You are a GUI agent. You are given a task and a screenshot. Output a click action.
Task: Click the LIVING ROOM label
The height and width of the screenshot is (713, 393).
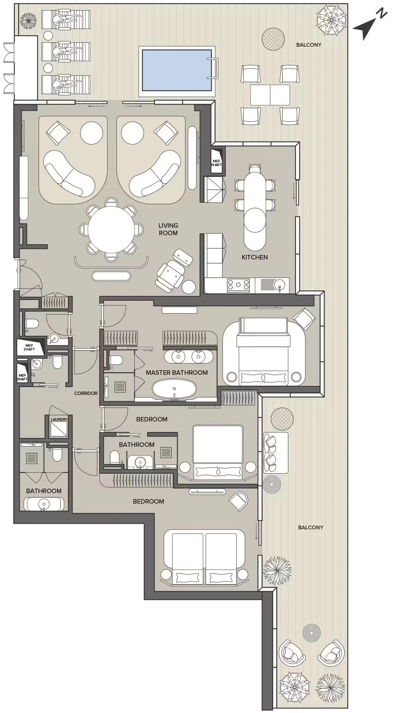coord(168,229)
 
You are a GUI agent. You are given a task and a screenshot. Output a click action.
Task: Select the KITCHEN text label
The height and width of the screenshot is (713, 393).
coord(255,257)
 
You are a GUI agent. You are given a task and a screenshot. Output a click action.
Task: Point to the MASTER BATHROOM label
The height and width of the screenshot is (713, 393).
coord(177,373)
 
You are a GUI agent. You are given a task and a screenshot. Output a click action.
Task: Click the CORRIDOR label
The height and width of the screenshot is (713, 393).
coord(85,393)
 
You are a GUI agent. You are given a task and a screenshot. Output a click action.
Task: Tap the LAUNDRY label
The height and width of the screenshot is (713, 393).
coord(59,419)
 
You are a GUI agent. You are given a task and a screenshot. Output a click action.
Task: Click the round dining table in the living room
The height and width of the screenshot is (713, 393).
coord(111,230)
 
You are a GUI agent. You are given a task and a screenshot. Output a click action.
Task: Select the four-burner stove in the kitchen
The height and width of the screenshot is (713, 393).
coord(238,285)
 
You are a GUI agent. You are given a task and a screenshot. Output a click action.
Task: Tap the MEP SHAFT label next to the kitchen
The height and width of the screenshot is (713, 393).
coord(216,163)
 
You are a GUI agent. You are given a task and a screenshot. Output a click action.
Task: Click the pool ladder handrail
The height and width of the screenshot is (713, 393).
coord(213,68)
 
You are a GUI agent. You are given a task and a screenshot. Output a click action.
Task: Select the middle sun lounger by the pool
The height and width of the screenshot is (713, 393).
coord(66,51)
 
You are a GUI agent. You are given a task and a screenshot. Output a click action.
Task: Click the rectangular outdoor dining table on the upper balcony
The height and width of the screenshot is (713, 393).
coord(270,95)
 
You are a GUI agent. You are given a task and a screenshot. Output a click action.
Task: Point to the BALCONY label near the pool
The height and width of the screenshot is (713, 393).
coord(309,45)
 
